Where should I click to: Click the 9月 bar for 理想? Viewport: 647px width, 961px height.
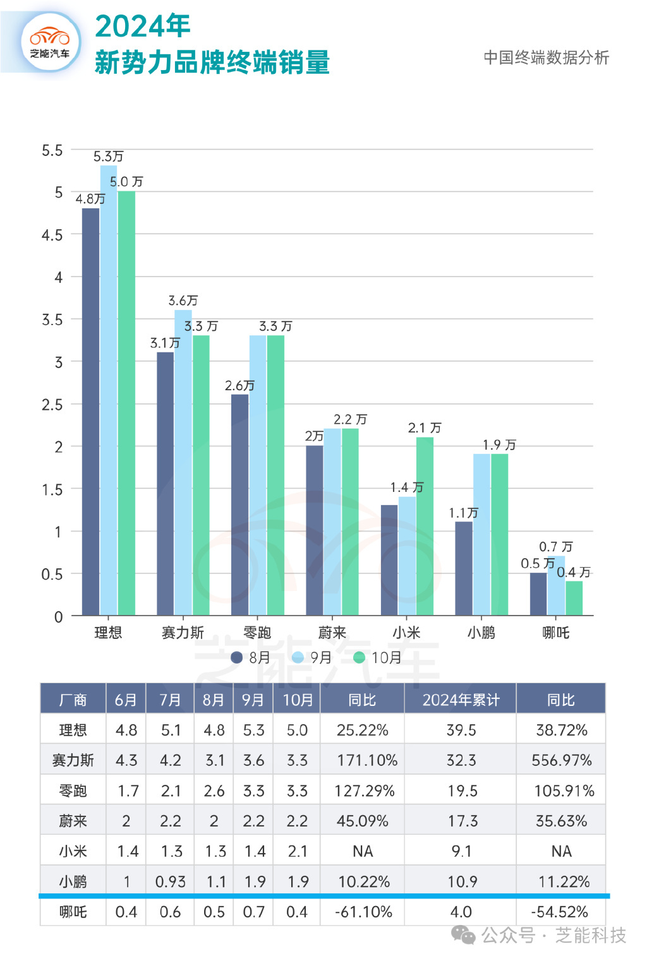[109, 391]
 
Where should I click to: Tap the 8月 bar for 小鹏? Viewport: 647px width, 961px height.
[464, 568]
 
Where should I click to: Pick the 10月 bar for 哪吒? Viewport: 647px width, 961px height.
[574, 598]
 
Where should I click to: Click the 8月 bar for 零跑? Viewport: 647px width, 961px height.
[240, 505]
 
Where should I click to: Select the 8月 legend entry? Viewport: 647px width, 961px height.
[251, 657]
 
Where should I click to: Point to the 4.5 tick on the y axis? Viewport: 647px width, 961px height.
[52, 235]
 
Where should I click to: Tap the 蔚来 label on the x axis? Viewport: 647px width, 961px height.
[332, 632]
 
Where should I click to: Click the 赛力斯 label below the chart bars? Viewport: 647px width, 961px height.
[183, 632]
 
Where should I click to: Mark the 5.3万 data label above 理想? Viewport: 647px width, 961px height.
[108, 156]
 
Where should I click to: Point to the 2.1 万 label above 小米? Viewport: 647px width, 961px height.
[425, 428]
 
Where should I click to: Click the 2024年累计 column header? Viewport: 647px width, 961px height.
[461, 700]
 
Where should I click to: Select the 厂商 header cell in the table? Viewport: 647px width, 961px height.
[73, 700]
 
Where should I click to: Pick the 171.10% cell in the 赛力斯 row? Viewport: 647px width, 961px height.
[366, 760]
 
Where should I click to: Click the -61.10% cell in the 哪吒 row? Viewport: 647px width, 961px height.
[363, 912]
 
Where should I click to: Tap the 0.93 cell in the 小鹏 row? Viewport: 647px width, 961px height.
[171, 881]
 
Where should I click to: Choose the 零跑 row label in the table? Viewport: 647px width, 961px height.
[73, 791]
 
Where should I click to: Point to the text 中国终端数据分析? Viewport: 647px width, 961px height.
[546, 57]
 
